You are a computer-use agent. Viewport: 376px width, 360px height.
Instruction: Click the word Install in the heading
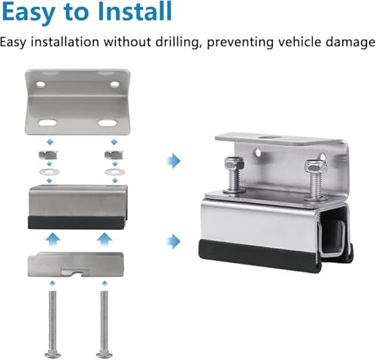click(135, 12)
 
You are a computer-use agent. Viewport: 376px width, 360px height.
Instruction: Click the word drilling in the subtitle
click(177, 42)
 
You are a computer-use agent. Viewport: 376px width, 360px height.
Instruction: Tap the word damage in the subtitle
click(350, 42)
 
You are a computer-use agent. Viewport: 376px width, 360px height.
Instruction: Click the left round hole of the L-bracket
click(41, 85)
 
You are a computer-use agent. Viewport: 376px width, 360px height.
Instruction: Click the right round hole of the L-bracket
click(114, 84)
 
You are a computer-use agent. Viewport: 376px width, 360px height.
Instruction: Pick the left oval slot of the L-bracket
click(47, 123)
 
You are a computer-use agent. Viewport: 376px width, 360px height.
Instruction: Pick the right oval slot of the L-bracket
click(108, 123)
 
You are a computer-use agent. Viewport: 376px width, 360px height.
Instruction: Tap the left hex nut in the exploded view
click(48, 155)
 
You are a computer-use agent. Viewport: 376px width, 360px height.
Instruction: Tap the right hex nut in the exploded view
click(114, 155)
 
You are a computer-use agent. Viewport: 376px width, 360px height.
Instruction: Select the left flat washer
click(50, 172)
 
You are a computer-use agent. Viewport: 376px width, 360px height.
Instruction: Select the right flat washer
click(115, 172)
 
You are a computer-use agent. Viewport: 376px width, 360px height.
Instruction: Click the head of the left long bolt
click(53, 355)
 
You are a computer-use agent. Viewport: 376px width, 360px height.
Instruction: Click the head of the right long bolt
click(105, 355)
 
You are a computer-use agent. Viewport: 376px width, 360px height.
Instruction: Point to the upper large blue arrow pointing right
click(174, 161)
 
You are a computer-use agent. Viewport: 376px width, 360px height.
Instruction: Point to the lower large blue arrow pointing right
click(174, 241)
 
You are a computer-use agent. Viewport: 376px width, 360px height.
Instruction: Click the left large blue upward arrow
click(53, 240)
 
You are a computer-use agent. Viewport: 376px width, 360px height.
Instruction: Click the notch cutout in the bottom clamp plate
click(75, 271)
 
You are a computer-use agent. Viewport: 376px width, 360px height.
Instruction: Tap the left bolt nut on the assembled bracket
click(234, 164)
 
